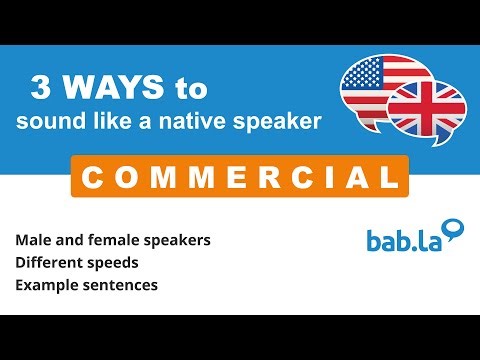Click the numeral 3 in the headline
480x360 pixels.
click(x=40, y=89)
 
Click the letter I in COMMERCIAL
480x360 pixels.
click(x=317, y=177)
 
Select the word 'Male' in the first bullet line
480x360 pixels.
click(x=33, y=241)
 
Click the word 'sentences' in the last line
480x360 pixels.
click(x=123, y=285)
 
